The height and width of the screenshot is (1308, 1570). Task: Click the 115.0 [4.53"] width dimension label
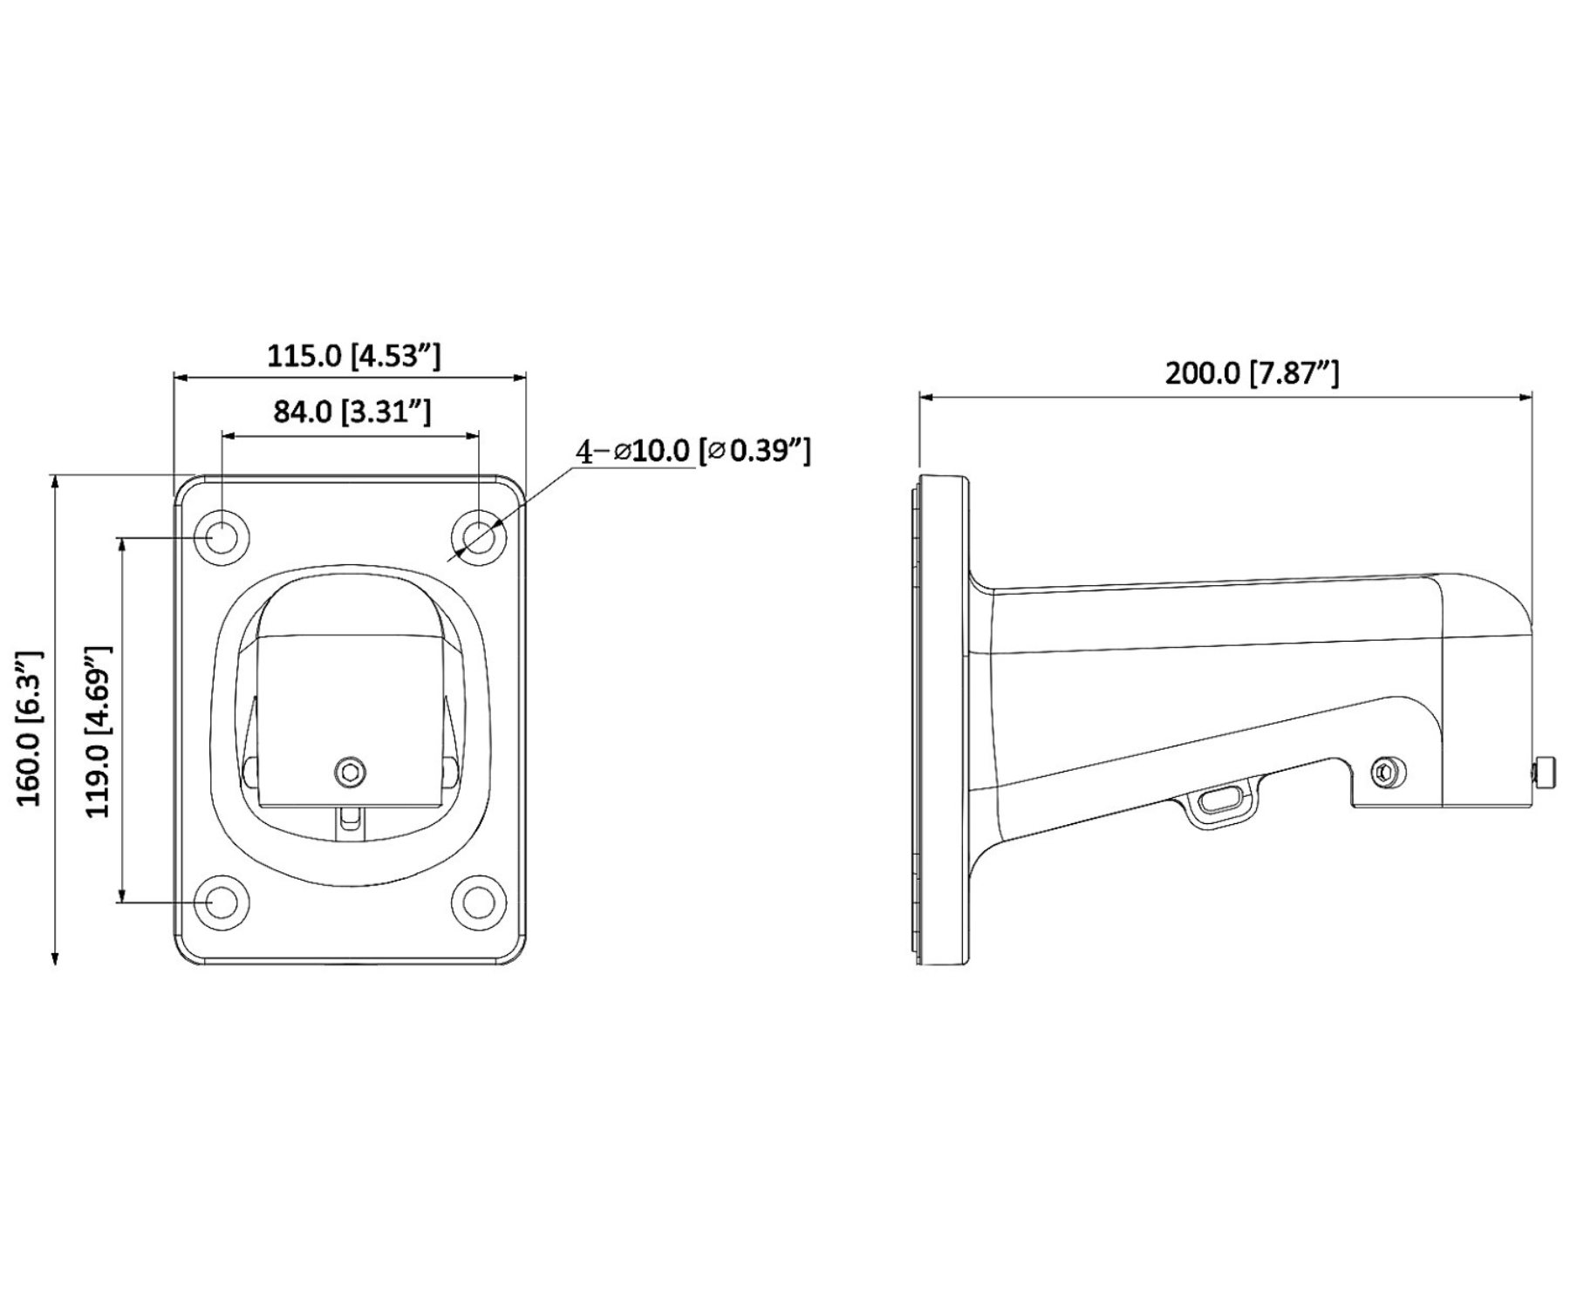pyautogui.click(x=353, y=355)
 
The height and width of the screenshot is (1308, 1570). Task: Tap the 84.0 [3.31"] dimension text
pyautogui.click(x=352, y=410)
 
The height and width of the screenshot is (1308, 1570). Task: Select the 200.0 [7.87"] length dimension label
pyautogui.click(x=1252, y=372)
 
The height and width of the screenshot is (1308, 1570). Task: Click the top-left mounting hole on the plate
pyautogui.click(x=222, y=536)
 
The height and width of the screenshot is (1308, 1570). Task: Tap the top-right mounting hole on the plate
pyautogui.click(x=478, y=536)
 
